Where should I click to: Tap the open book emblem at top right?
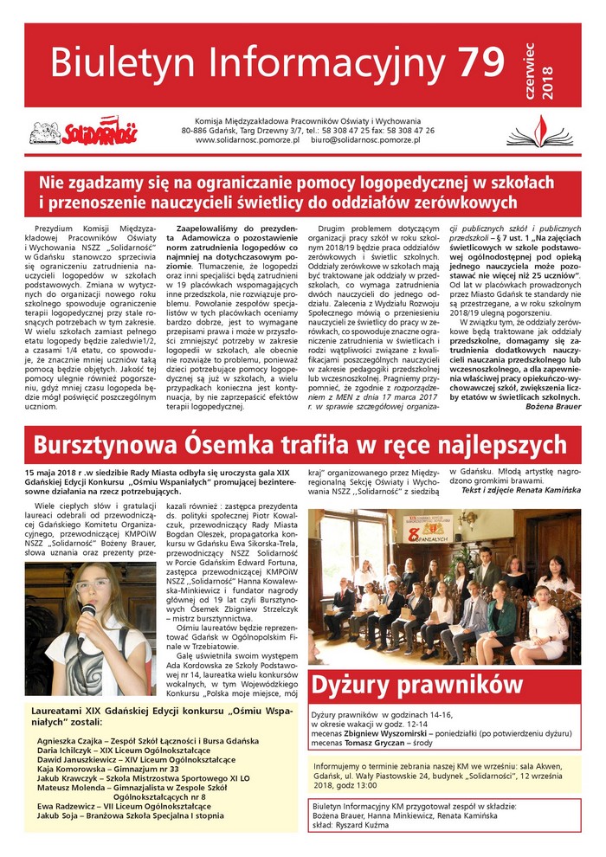coord(551,131)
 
